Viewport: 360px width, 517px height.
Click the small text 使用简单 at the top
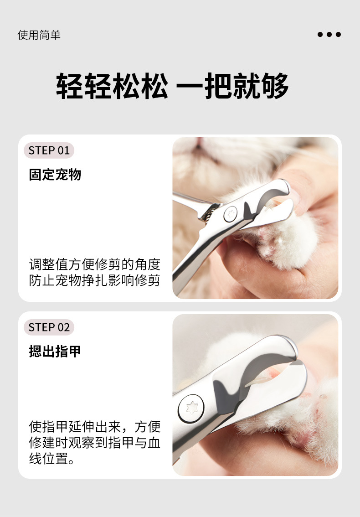[x=39, y=35]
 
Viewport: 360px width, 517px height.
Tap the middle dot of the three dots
[x=329, y=35]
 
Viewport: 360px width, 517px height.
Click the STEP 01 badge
[x=49, y=150]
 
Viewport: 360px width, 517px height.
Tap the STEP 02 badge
[x=49, y=327]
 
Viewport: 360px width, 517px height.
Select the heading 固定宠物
[x=55, y=175]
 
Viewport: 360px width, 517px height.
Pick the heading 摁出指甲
[x=55, y=351]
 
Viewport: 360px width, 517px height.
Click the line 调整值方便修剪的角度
[x=94, y=264]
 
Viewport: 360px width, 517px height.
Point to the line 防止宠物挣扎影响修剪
[x=94, y=280]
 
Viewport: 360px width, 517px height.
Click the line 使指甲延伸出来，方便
[x=94, y=427]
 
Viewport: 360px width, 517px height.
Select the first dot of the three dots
[x=320, y=35]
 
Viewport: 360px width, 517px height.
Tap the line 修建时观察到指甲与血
[x=94, y=443]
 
